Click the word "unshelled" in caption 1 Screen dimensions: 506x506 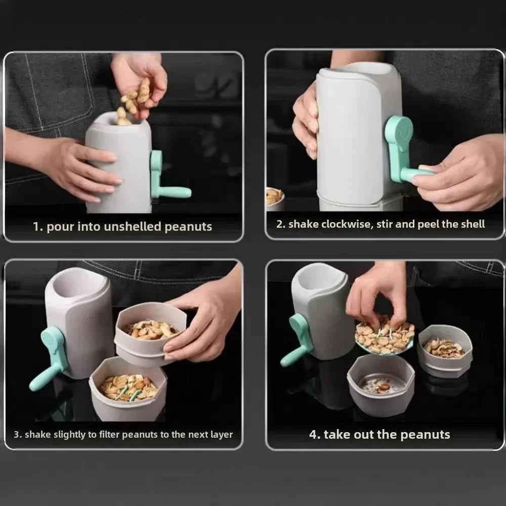[x=133, y=227]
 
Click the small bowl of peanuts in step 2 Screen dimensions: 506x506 [x=274, y=197]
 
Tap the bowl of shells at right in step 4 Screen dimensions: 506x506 [x=445, y=349]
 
